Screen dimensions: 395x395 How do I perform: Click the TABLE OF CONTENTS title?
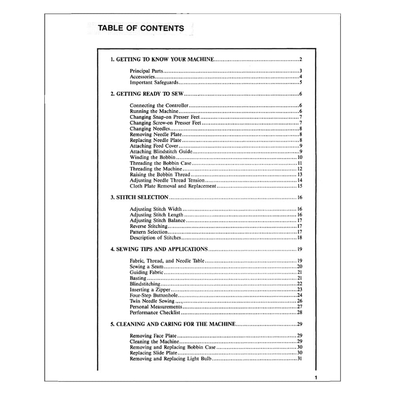(141, 28)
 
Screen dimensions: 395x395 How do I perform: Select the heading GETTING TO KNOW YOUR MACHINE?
(162, 60)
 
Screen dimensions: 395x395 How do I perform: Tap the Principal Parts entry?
(146, 71)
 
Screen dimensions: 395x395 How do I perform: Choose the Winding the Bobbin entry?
(152, 157)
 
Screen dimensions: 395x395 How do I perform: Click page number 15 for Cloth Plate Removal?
(300, 186)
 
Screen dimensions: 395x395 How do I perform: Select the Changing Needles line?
(150, 129)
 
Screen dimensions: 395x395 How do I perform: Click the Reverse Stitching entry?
(149, 226)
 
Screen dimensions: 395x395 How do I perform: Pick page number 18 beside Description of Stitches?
(300, 238)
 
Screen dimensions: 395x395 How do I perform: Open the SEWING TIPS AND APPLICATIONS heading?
(159, 249)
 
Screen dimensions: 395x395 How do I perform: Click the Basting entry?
(138, 278)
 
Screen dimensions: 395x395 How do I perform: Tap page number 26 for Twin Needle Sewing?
(300, 301)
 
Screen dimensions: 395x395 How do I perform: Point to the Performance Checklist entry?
(155, 312)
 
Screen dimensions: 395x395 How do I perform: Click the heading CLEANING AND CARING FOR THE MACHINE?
(173, 324)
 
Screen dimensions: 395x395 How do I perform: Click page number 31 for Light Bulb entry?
(300, 359)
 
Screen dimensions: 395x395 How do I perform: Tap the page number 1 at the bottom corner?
(316, 378)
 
